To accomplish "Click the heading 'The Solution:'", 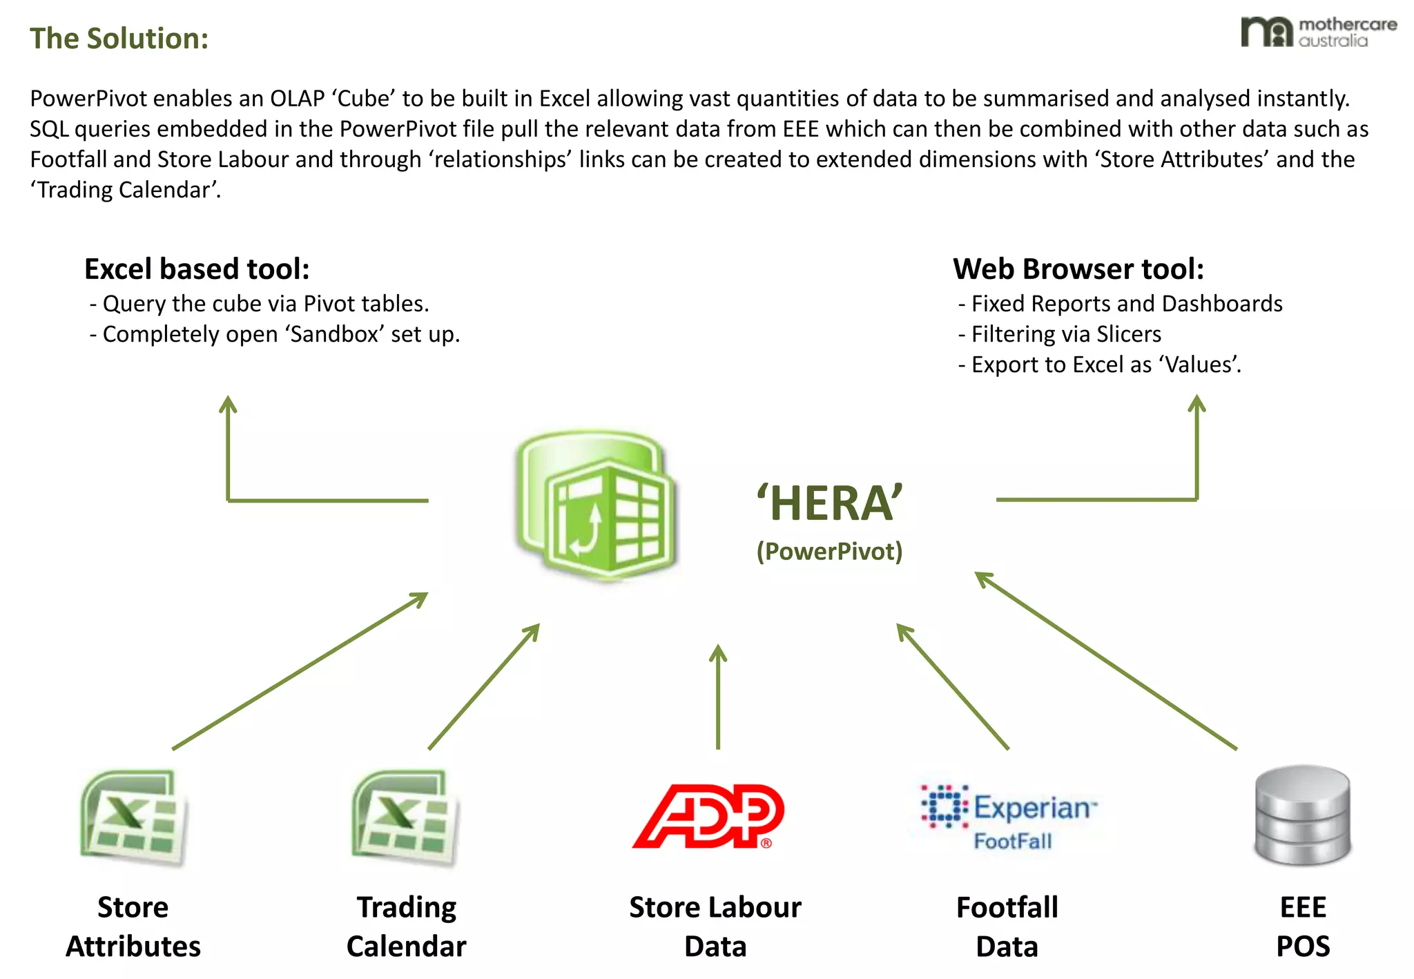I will pyautogui.click(x=119, y=39).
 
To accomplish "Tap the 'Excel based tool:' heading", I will pyautogui.click(x=197, y=269).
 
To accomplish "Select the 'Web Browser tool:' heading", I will pyautogui.click(x=1078, y=269).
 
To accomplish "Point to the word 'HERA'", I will pyautogui.click(x=830, y=503).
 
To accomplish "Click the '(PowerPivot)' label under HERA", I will pyautogui.click(x=829, y=552).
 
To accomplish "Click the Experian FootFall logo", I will pyautogui.click(x=1009, y=816).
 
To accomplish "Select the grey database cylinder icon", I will pyautogui.click(x=1302, y=815).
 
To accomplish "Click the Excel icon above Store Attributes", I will pyautogui.click(x=133, y=817).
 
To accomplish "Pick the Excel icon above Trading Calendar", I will pyautogui.click(x=405, y=817).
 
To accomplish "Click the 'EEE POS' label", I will pyautogui.click(x=1303, y=927).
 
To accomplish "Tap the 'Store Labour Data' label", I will pyautogui.click(x=715, y=927).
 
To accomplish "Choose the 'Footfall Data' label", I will pyautogui.click(x=1007, y=927).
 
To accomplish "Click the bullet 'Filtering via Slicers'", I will pyautogui.click(x=1066, y=334).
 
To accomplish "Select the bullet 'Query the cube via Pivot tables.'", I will pyautogui.click(x=265, y=304).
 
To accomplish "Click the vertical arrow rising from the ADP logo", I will pyautogui.click(x=718, y=697).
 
